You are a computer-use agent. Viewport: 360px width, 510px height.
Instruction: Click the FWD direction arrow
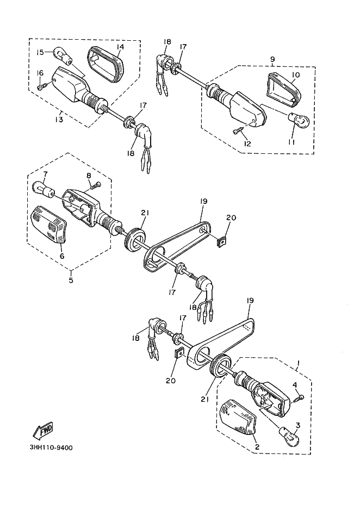43,431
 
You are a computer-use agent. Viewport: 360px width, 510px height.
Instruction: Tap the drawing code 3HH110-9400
51,448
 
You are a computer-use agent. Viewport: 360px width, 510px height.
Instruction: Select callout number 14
120,47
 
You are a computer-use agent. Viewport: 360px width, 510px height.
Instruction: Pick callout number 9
272,59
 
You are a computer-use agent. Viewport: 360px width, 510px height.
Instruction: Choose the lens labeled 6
49,224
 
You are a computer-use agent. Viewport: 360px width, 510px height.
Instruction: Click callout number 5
71,279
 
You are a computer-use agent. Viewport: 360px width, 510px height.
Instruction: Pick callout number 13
59,120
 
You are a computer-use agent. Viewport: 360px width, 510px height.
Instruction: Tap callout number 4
295,385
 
